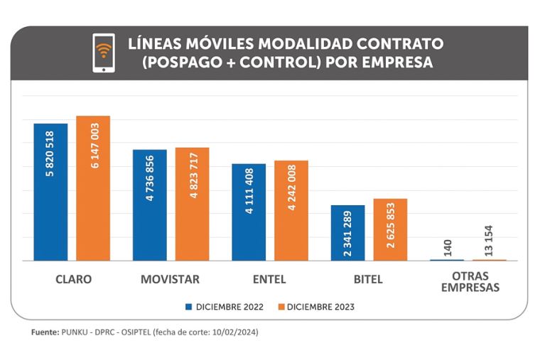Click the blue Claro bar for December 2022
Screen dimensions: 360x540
(x=50, y=192)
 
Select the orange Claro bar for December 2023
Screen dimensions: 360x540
(x=93, y=188)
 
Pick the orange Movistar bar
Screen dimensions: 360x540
(x=192, y=204)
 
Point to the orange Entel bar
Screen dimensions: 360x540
(x=291, y=210)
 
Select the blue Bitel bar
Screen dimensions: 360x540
(x=347, y=232)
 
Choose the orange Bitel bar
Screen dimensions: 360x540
(x=390, y=229)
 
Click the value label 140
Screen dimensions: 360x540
(x=447, y=247)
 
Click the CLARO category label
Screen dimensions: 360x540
(x=73, y=279)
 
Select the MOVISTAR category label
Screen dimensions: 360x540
(x=170, y=279)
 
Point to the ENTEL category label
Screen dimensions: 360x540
(x=269, y=279)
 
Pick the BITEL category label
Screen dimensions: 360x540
(x=368, y=279)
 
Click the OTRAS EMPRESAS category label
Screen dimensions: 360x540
(x=470, y=283)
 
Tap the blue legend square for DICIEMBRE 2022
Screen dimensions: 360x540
(x=189, y=307)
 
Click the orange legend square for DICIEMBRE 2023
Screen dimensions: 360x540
(x=281, y=307)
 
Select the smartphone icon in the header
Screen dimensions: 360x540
(x=104, y=53)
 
